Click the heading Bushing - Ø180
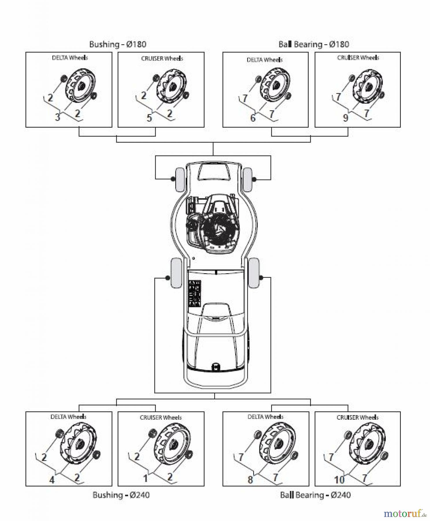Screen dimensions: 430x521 click(x=118, y=44)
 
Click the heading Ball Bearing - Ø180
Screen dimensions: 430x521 click(x=314, y=44)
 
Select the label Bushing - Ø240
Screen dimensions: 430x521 click(x=121, y=495)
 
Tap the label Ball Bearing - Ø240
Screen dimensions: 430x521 click(x=315, y=495)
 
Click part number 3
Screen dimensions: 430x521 click(x=58, y=117)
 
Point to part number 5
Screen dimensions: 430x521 click(x=149, y=118)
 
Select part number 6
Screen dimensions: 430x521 click(x=253, y=118)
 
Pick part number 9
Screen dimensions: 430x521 click(x=345, y=118)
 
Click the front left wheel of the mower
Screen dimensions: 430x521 click(x=179, y=179)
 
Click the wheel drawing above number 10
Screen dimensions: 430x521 click(x=367, y=446)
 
